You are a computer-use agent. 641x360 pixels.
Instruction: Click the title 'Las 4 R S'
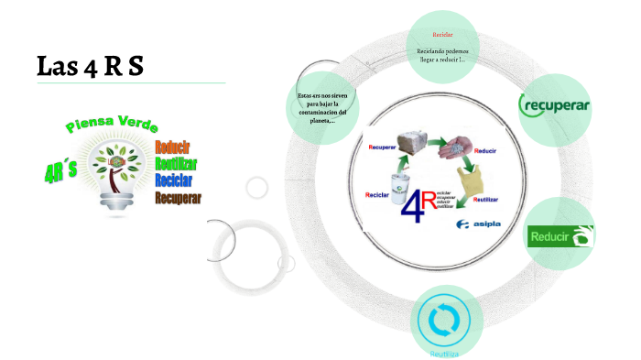90,66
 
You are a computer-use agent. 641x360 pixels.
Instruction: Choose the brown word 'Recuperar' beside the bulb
178,197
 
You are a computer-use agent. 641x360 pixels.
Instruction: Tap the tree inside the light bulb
117,165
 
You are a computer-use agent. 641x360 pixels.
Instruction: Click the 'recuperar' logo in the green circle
555,105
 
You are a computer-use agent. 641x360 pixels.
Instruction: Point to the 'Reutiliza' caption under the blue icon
444,353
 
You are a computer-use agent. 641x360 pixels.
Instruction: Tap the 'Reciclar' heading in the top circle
442,34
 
